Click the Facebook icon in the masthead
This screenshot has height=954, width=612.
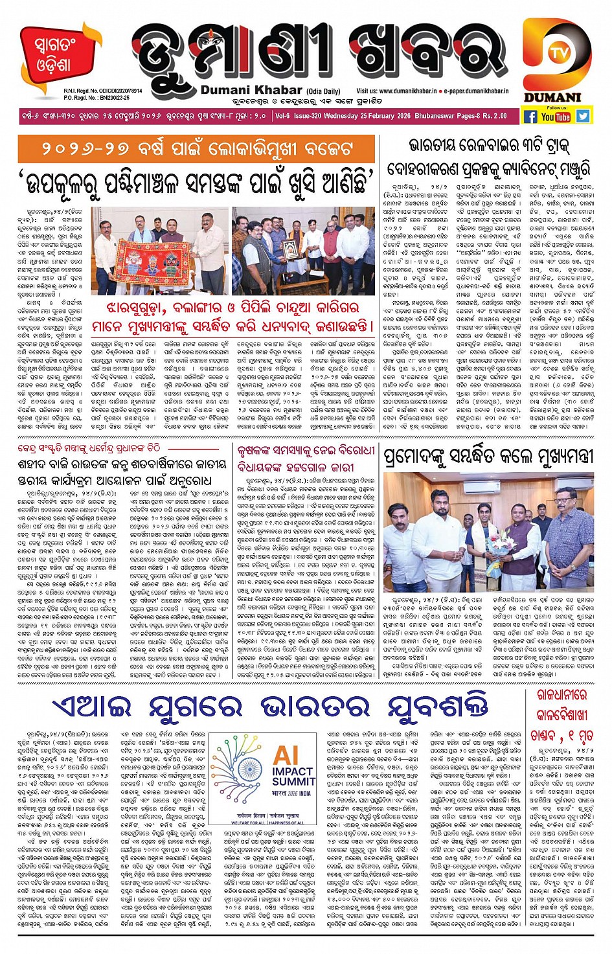tap(530, 117)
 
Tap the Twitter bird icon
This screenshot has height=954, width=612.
tap(583, 116)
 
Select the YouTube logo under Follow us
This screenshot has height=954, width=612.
tap(556, 117)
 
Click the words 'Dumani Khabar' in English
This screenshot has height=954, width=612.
tap(251, 90)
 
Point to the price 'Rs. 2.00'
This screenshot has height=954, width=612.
tap(495, 116)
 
